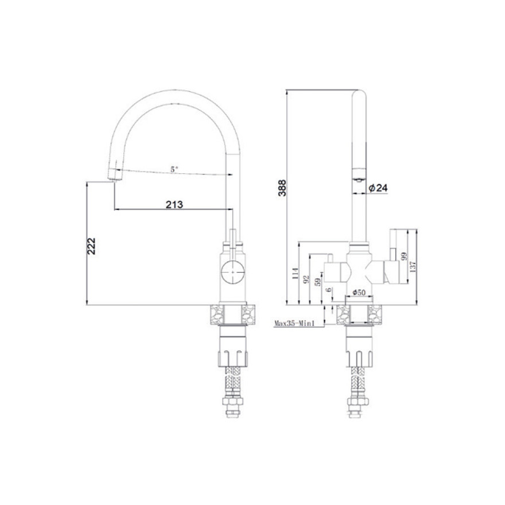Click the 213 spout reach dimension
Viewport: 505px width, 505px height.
174,204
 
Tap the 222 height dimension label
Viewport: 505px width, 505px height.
92,246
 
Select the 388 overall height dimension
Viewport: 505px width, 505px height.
282,188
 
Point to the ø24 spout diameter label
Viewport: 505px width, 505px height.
378,188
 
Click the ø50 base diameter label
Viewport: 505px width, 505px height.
359,293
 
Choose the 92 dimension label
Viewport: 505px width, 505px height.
306,279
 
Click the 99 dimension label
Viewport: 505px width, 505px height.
404,257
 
